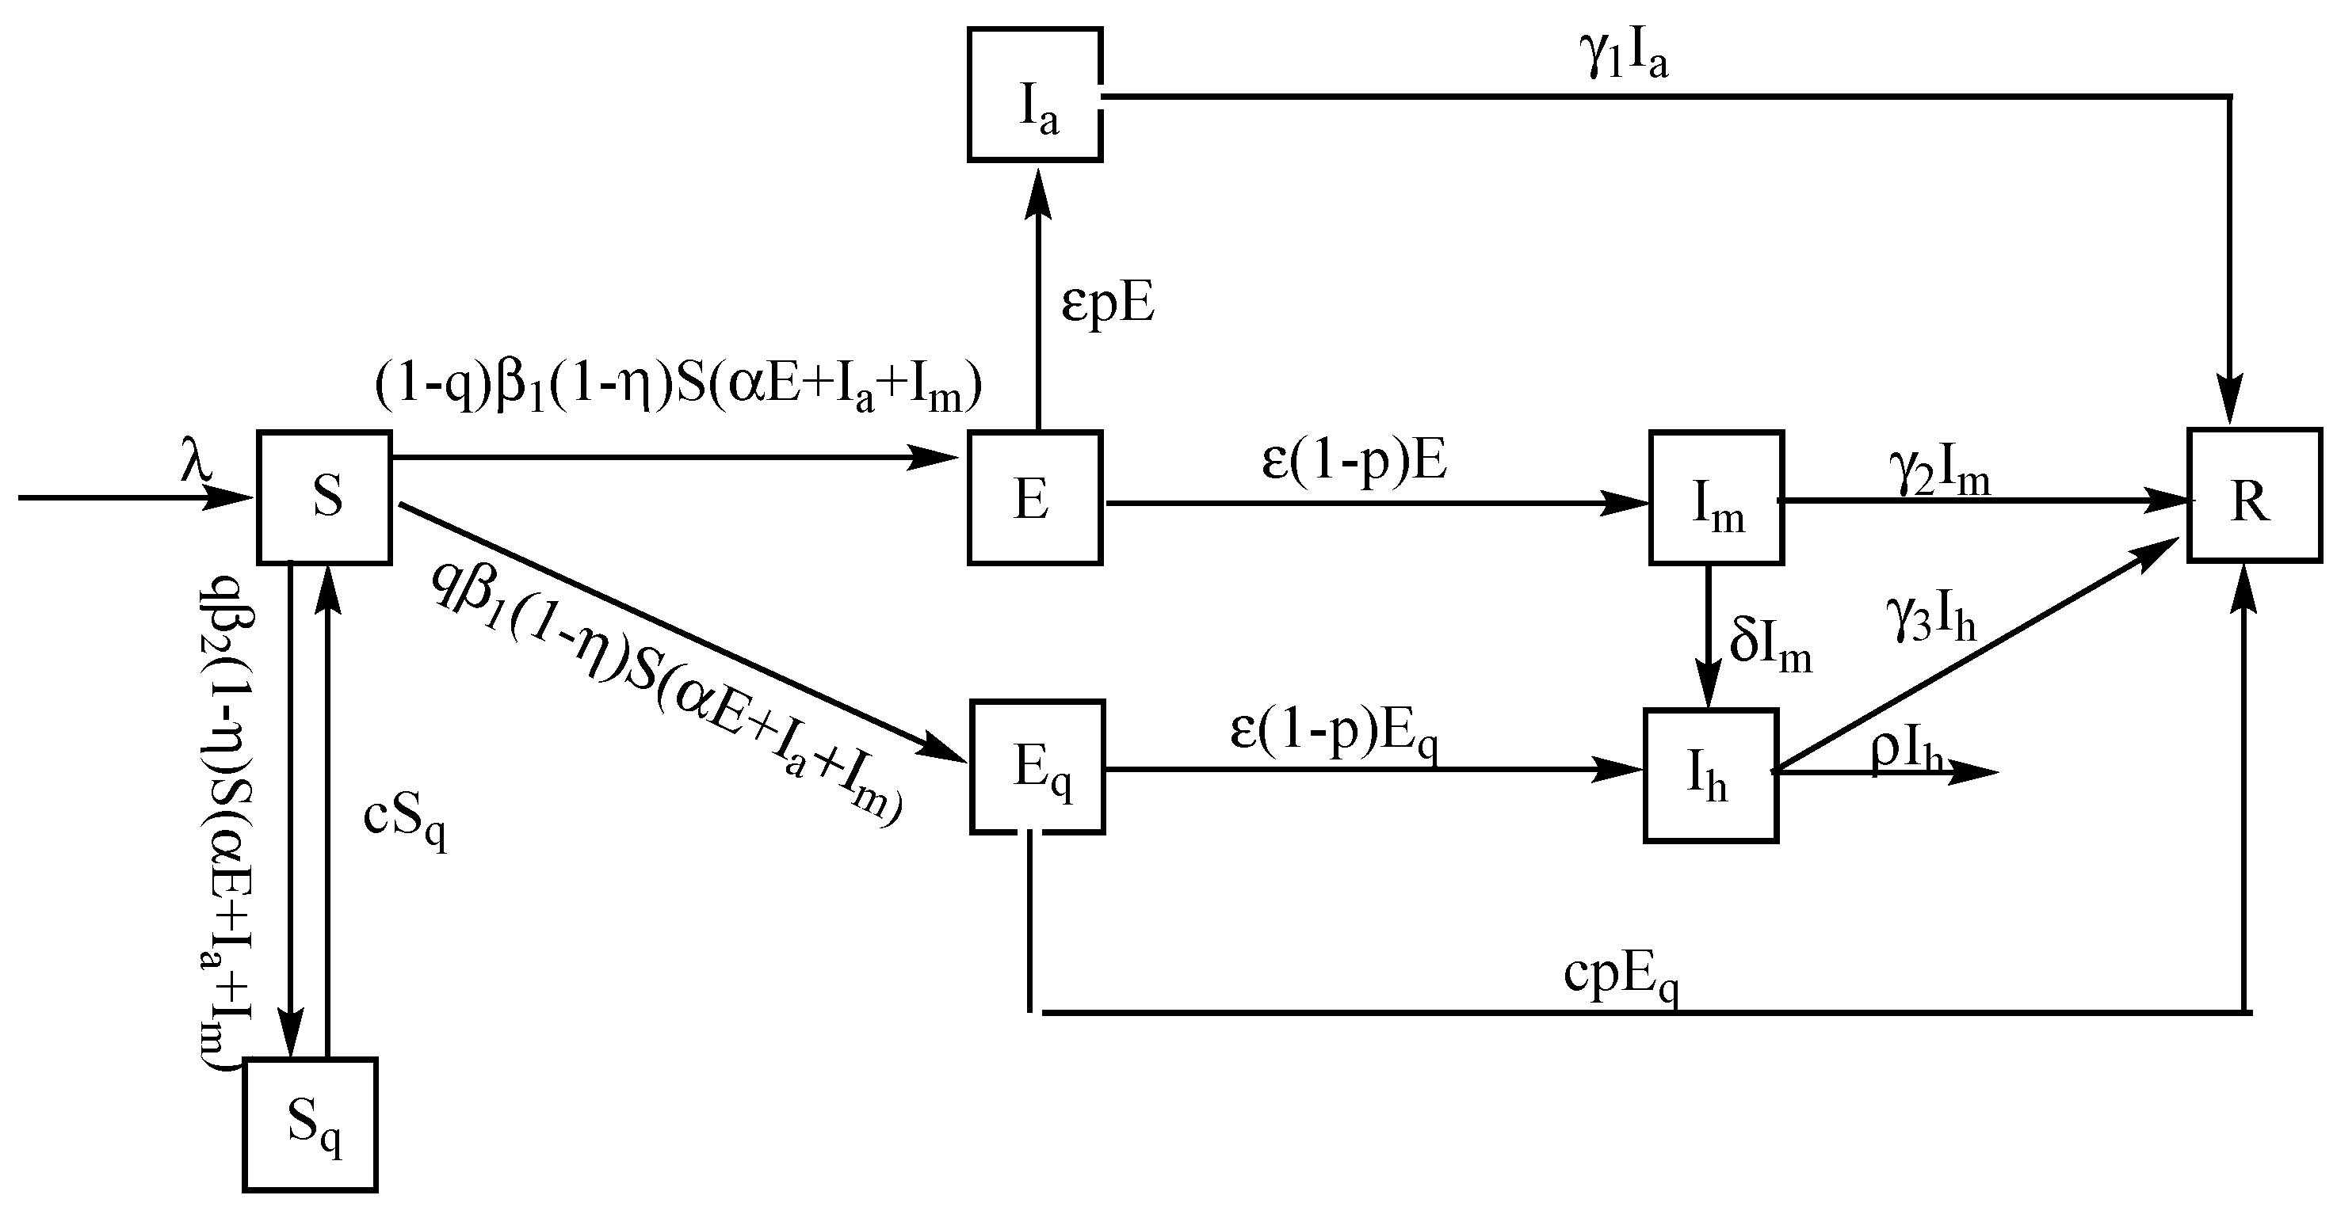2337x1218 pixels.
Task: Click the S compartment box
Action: click(x=325, y=498)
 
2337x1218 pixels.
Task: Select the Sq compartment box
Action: click(x=311, y=1124)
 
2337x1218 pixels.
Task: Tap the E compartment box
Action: click(x=1035, y=498)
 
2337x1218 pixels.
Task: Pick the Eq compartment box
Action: click(x=1037, y=767)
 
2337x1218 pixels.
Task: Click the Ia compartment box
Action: click(x=1035, y=95)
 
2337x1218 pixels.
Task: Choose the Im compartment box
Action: click(x=1716, y=498)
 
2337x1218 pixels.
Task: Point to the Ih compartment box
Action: click(x=1710, y=776)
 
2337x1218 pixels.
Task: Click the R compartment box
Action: click(x=2255, y=496)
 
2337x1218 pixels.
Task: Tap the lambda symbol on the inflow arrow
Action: click(x=195, y=464)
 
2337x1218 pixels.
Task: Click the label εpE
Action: click(x=1108, y=306)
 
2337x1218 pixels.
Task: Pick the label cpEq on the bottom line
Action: click(x=1621, y=980)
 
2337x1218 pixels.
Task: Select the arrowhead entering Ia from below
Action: click(x=1039, y=194)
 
